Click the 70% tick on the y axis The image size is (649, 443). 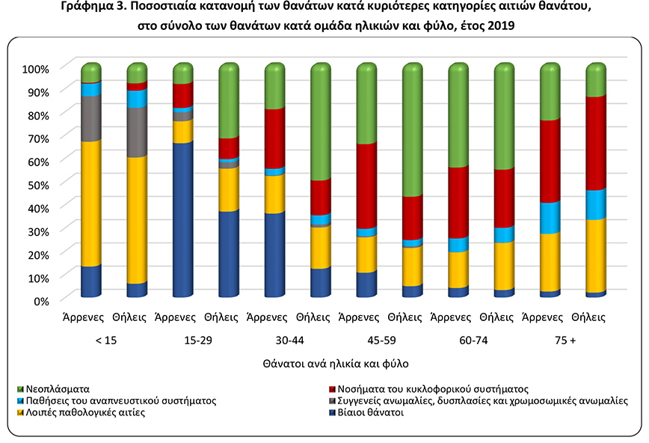pyautogui.click(x=35, y=138)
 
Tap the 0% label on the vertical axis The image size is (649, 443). pyautogui.click(x=39, y=300)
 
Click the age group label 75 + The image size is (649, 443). pyautogui.click(x=564, y=341)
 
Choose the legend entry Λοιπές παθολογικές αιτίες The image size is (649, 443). pyautogui.click(x=81, y=412)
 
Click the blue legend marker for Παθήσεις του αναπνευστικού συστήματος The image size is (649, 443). pyautogui.click(x=20, y=400)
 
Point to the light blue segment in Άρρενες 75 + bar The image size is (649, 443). pyautogui.click(x=550, y=218)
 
